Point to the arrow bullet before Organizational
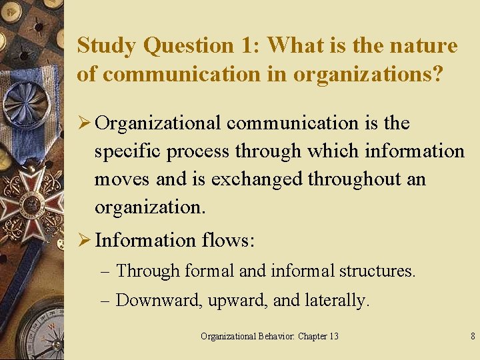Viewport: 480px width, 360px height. tap(84, 123)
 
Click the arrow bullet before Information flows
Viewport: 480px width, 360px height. tap(84, 240)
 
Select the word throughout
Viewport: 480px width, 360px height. tap(354, 180)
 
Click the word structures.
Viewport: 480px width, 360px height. tap(377, 271)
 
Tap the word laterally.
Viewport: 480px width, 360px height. tap(337, 301)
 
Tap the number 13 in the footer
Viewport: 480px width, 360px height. tap(332, 336)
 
